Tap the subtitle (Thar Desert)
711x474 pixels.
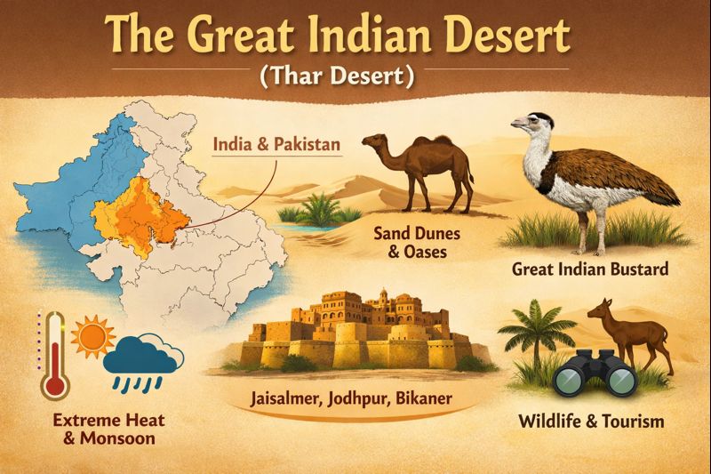pyautogui.click(x=355, y=76)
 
